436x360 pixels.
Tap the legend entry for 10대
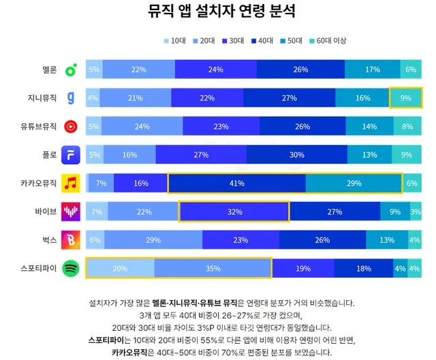[x=174, y=41]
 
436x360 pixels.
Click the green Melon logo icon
[x=70, y=69]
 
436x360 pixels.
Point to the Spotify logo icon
[x=70, y=269]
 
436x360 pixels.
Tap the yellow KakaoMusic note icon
[x=70, y=183]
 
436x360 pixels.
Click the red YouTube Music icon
[x=70, y=127]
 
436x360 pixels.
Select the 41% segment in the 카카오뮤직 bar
[x=236, y=183]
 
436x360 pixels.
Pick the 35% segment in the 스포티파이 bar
[x=213, y=269]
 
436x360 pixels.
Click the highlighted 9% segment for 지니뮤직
[x=405, y=98]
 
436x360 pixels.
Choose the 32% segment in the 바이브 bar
[x=234, y=212]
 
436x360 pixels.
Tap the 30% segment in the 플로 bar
[x=296, y=155]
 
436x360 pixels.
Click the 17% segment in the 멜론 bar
[x=372, y=69]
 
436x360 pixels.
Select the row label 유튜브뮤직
[x=40, y=127]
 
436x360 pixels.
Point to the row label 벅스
[x=48, y=240]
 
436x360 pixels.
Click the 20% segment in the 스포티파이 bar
[x=120, y=269]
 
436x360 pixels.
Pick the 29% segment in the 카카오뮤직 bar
[x=354, y=183]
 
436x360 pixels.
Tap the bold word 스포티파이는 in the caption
[x=110, y=340]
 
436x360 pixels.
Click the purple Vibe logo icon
[x=70, y=212]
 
